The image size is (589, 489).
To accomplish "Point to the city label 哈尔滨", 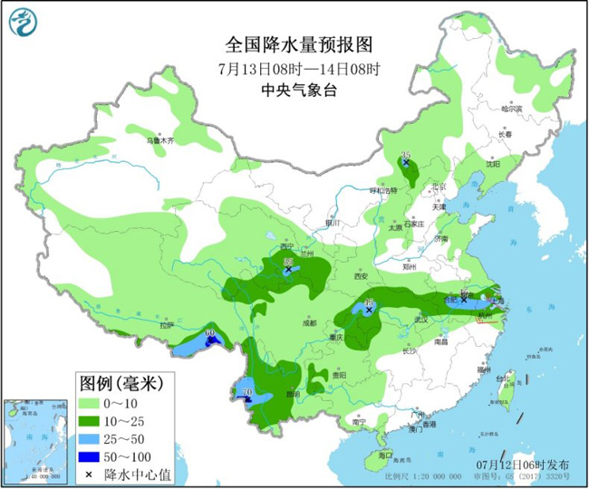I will (513, 108).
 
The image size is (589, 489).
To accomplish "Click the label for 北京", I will (439, 187).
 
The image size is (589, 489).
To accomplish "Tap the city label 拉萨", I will (166, 324).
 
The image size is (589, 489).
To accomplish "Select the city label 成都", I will (310, 322).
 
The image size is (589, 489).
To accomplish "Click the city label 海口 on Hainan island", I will (384, 454).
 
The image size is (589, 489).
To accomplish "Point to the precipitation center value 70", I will (246, 392).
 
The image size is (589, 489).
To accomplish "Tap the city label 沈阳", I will (490, 164).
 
